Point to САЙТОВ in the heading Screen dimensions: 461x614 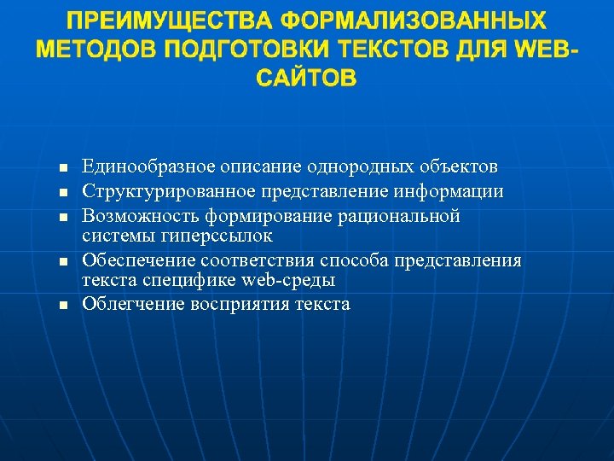tap(306, 79)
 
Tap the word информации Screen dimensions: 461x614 tap(457, 191)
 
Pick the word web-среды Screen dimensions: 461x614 tap(288, 280)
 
